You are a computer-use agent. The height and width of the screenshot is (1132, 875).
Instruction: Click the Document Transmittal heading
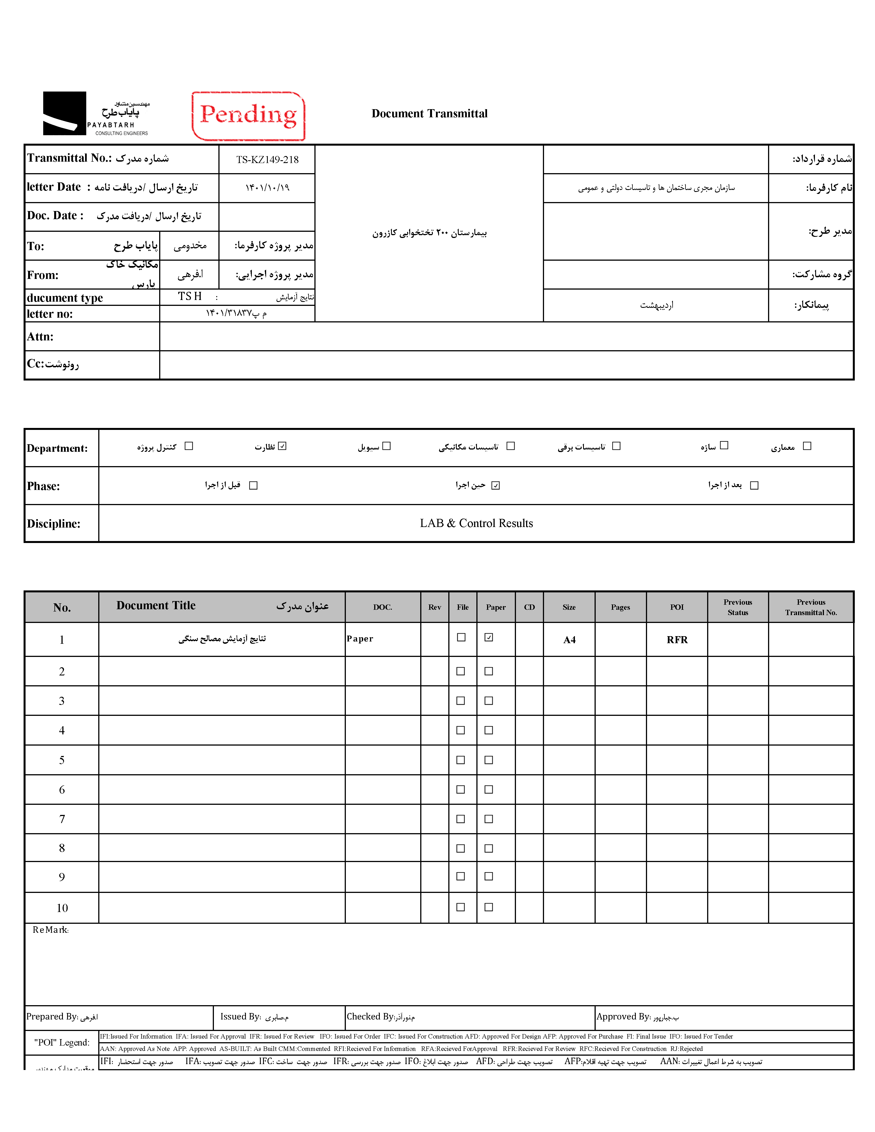pos(429,114)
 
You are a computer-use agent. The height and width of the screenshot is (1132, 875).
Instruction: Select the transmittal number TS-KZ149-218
pos(268,160)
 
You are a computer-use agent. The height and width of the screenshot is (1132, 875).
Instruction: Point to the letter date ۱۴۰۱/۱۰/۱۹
pos(268,188)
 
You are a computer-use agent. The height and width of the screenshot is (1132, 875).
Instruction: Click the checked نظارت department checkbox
pos(282,446)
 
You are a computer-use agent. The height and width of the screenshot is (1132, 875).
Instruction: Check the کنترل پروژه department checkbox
pos(189,446)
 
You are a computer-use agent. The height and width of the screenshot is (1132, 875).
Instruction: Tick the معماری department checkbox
pos(807,446)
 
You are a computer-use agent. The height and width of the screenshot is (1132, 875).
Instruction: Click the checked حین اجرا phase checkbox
pos(495,485)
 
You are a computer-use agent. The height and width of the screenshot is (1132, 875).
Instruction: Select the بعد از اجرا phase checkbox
pos(754,485)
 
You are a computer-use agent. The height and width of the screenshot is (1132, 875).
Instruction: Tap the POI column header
pos(677,607)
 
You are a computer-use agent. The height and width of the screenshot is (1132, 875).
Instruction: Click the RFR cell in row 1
pos(677,640)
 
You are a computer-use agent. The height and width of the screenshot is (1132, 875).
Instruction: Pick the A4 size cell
pos(569,640)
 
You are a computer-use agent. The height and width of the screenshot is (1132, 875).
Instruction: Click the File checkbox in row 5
pos(460,760)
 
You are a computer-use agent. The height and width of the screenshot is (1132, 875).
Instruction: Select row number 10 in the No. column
pos(62,908)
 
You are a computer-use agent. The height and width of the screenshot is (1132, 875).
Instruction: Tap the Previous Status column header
pos(738,607)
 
